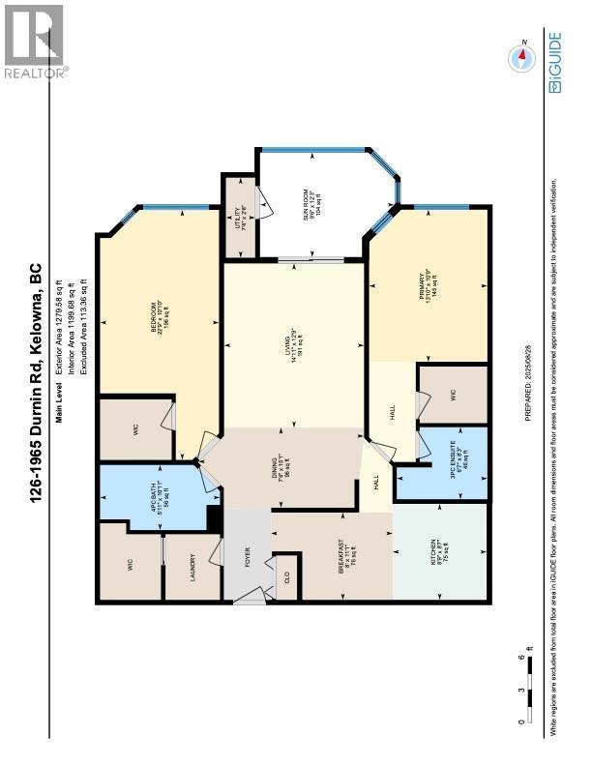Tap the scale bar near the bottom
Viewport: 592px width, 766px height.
pyautogui.click(x=532, y=688)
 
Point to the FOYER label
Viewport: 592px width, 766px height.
pyautogui.click(x=247, y=557)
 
